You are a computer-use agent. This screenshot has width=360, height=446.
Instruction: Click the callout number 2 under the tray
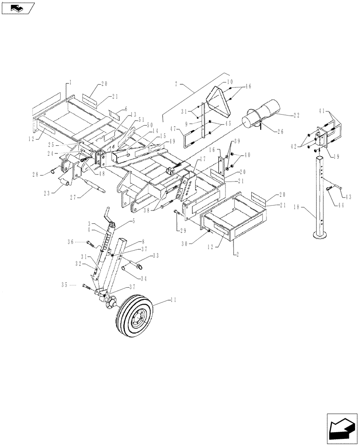[234, 253]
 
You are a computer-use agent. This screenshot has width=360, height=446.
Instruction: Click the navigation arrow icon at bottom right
[342, 427]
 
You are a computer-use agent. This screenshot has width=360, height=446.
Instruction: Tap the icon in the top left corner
[17, 8]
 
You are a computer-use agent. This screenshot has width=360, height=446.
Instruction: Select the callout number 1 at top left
[70, 83]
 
